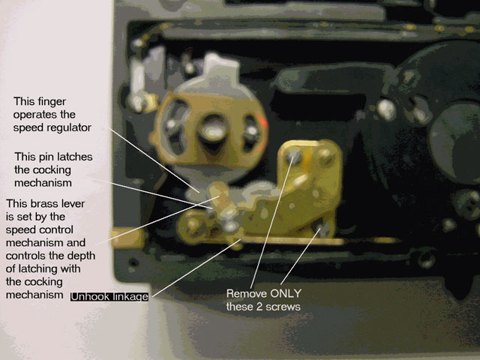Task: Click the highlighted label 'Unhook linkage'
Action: (109, 297)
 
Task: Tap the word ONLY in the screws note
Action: (286, 293)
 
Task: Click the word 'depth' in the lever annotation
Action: (81, 256)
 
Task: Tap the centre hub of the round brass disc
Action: (212, 130)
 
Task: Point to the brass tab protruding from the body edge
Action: (127, 238)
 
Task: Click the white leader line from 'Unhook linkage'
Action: (196, 268)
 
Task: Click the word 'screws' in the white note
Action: (285, 307)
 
